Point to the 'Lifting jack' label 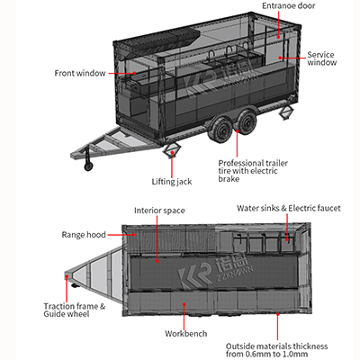pyautogui.click(x=171, y=181)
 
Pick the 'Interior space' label pyautogui.click(x=159, y=210)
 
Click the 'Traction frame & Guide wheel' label pyautogui.click(x=76, y=311)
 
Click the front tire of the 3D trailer pyautogui.click(x=220, y=132)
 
